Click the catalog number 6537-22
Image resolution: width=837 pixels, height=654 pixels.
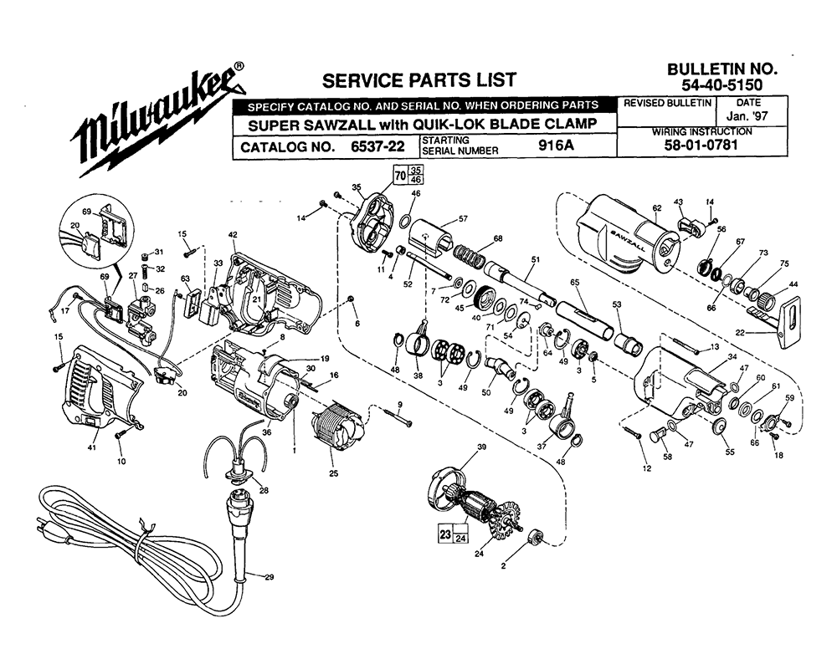pyautogui.click(x=377, y=146)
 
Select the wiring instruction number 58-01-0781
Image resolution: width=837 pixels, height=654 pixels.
pyautogui.click(x=701, y=145)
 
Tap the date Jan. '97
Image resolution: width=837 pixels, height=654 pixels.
pyautogui.click(x=747, y=116)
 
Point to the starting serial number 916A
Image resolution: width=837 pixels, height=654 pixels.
pyautogui.click(x=557, y=145)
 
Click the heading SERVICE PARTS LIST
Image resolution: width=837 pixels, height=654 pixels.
pyautogui.click(x=419, y=80)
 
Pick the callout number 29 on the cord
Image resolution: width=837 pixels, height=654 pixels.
pyautogui.click(x=269, y=577)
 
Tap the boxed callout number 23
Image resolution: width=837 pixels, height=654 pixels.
pyautogui.click(x=445, y=534)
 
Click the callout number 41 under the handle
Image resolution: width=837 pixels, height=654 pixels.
pyautogui.click(x=92, y=447)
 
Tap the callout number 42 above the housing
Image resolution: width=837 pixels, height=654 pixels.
pyautogui.click(x=233, y=235)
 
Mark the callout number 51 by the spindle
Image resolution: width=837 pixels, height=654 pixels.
pyautogui.click(x=536, y=260)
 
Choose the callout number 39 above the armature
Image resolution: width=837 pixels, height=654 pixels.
pyautogui.click(x=481, y=447)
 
